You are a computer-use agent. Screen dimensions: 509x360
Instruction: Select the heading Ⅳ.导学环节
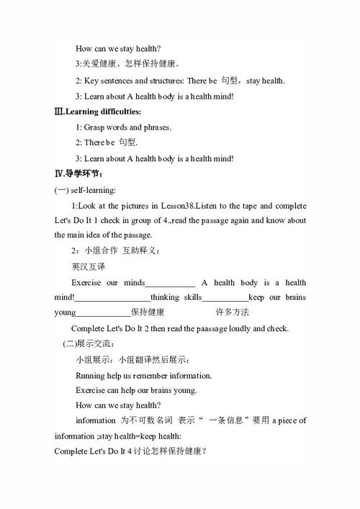point(78,174)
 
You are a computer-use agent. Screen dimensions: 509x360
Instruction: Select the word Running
point(91,375)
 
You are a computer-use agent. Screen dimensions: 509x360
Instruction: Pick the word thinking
point(166,297)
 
